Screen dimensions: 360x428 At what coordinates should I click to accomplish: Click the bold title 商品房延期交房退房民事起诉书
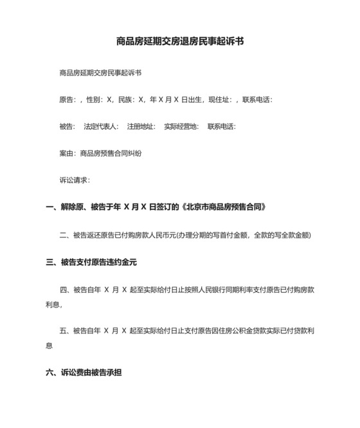pyautogui.click(x=180, y=41)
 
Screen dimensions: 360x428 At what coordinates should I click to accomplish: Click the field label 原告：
pyautogui.click(x=67, y=100)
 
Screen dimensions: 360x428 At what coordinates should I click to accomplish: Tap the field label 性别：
pyautogui.click(x=95, y=100)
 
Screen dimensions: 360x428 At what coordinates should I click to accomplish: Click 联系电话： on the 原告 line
pyautogui.click(x=258, y=100)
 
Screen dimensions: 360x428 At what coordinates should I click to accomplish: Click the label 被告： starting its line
pyautogui.click(x=67, y=127)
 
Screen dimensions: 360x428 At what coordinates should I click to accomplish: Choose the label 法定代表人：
pyautogui.click(x=101, y=127)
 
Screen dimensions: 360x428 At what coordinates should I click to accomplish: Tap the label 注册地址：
pyautogui.click(x=141, y=127)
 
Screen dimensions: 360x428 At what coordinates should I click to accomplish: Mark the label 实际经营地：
pyautogui.click(x=181, y=127)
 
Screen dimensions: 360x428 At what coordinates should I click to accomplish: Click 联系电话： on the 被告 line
pyautogui.click(x=222, y=127)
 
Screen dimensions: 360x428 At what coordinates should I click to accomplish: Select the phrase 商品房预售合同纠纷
pyautogui.click(x=110, y=154)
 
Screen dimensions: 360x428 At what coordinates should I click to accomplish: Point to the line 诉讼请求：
pyautogui.click(x=74, y=181)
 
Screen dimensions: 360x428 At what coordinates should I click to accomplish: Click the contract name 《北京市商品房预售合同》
pyautogui.click(x=223, y=208)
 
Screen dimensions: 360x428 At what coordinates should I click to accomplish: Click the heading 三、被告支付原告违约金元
pyautogui.click(x=91, y=263)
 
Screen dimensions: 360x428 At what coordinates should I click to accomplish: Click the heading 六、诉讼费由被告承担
pyautogui.click(x=84, y=372)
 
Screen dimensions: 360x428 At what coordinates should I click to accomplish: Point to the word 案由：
pyautogui.click(x=67, y=154)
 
